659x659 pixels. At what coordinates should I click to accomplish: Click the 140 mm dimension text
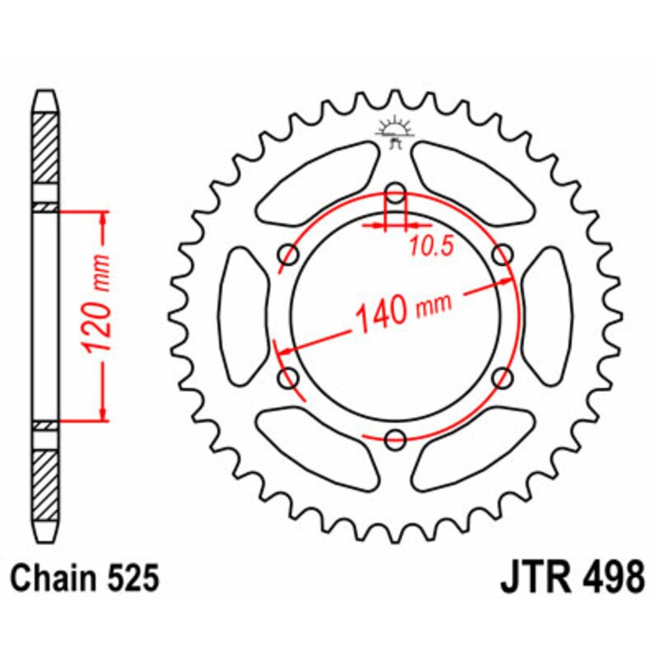(x=403, y=311)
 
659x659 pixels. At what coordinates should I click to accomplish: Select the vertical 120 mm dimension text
(x=98, y=315)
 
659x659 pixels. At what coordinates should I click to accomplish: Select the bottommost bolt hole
(x=395, y=438)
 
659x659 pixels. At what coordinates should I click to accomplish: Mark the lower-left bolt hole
(x=290, y=378)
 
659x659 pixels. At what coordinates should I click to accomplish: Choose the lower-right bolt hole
(x=501, y=378)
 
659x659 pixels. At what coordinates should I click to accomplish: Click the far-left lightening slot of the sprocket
(x=245, y=316)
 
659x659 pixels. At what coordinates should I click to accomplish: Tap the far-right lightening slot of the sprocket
(x=547, y=316)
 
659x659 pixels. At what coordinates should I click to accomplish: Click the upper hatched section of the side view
(x=45, y=148)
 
